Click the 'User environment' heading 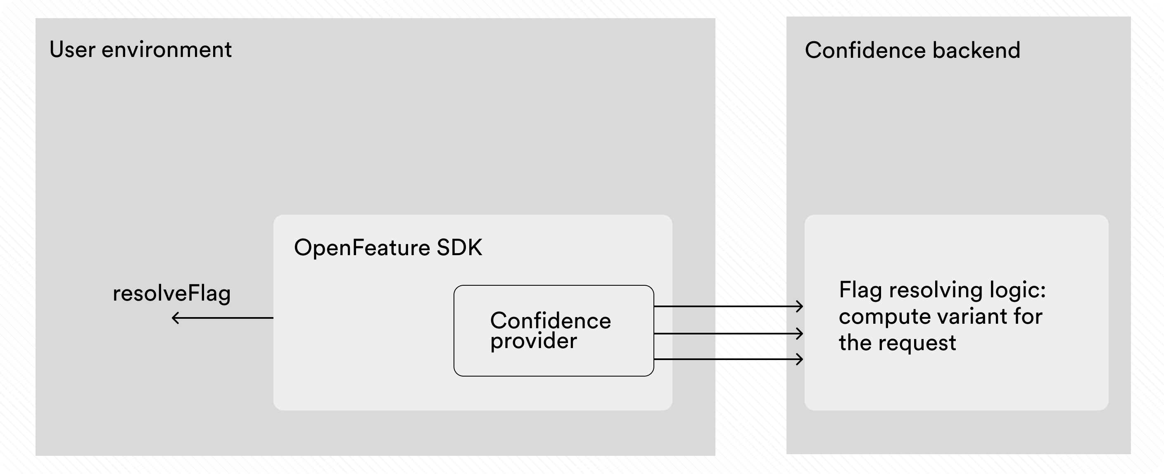pos(140,50)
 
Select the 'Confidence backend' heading pos(912,50)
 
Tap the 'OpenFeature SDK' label pos(388,248)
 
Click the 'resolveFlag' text pos(171,293)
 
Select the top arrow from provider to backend pos(727,306)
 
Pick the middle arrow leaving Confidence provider pos(727,334)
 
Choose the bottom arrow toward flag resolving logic pos(727,359)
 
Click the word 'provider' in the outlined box pos(533,341)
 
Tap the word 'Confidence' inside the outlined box pos(550,321)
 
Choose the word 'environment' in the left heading pos(166,50)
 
